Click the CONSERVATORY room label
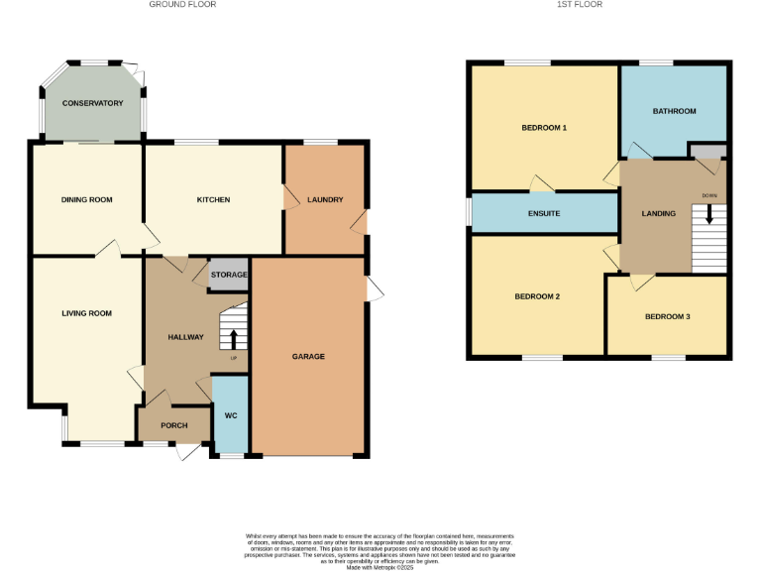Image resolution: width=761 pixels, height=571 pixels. pyautogui.click(x=92, y=103)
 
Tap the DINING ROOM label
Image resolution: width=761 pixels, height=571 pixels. pyautogui.click(x=87, y=199)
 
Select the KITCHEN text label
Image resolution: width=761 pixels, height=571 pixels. pyautogui.click(x=213, y=199)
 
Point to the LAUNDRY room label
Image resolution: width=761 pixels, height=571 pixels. pyautogui.click(x=325, y=199)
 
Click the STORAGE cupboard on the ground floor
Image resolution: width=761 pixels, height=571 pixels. pyautogui.click(x=229, y=275)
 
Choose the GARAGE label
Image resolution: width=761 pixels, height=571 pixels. pyautogui.click(x=308, y=356)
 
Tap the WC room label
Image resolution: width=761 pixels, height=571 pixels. pyautogui.click(x=231, y=414)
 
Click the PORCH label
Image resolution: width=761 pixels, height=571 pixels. pyautogui.click(x=174, y=425)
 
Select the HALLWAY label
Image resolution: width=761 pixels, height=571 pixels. pyautogui.click(x=185, y=337)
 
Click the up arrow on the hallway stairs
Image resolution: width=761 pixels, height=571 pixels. pyautogui.click(x=234, y=338)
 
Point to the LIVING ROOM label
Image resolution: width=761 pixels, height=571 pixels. pyautogui.click(x=86, y=313)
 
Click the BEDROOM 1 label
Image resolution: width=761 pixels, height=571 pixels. pyautogui.click(x=544, y=128)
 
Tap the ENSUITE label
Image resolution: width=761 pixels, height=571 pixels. pyautogui.click(x=544, y=213)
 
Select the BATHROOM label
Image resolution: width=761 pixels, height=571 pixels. pyautogui.click(x=674, y=111)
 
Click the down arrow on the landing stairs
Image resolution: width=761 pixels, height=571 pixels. pyautogui.click(x=708, y=213)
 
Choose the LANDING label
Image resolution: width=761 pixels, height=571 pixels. pyautogui.click(x=658, y=213)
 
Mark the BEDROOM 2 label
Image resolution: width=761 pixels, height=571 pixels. pyautogui.click(x=538, y=296)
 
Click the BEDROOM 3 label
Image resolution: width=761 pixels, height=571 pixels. pyautogui.click(x=667, y=316)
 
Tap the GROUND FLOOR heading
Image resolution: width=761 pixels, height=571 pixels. pyautogui.click(x=182, y=5)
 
